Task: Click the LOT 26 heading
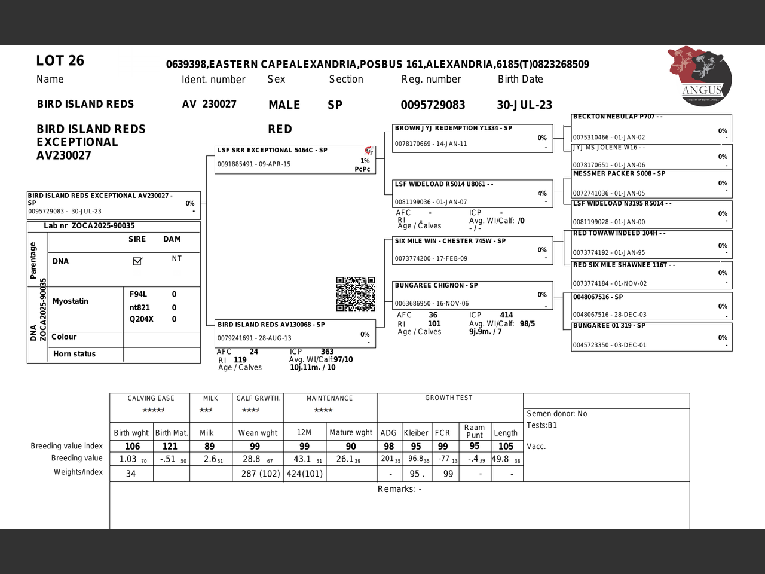[60, 60]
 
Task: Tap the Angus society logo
[700, 77]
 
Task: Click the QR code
[355, 294]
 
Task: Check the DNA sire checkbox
[137, 261]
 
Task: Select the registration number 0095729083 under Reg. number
[433, 105]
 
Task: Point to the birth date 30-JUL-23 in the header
[524, 105]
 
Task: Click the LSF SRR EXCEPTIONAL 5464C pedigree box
[295, 160]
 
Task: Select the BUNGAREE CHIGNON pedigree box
[472, 295]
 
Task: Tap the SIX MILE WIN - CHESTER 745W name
[450, 241]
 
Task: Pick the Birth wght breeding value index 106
[132, 446]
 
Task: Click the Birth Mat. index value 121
[170, 446]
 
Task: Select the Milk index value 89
[209, 446]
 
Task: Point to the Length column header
[506, 433]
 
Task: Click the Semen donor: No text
[556, 413]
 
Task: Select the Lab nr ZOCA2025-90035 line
[89, 226]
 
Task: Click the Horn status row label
[74, 354]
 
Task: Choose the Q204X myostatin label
[141, 319]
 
